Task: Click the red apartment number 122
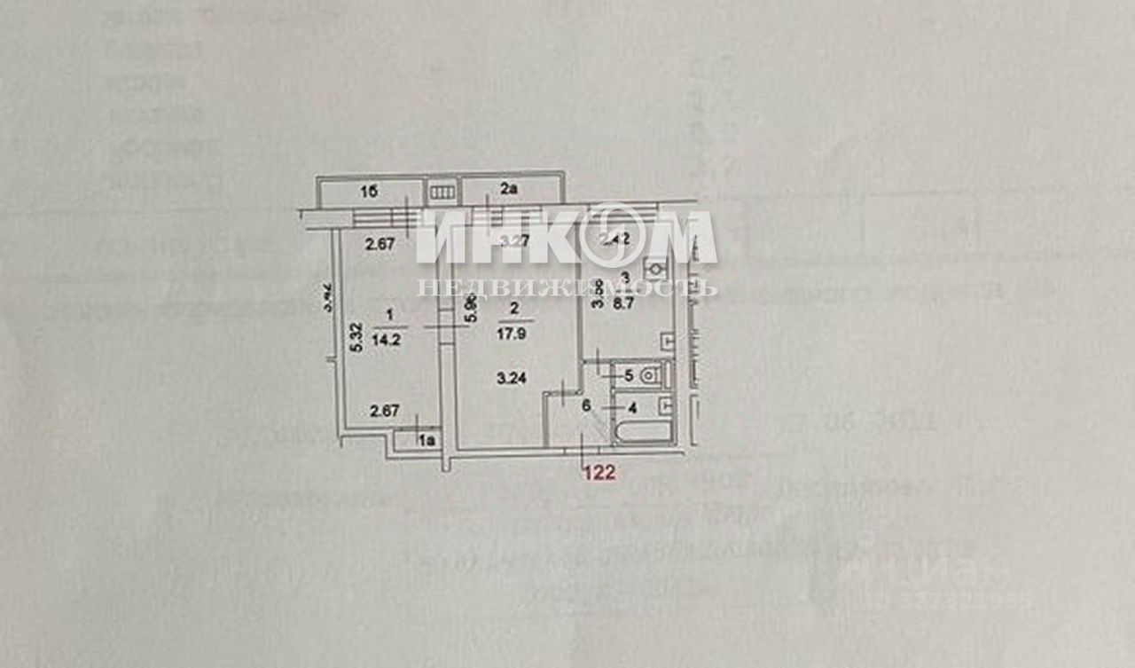tap(599, 473)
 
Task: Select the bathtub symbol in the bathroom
tap(641, 433)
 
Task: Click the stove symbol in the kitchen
tap(655, 265)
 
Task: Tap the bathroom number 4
tap(631, 409)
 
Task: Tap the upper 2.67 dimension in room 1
tap(385, 244)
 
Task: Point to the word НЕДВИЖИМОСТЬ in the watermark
tap(567, 288)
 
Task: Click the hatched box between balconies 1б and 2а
tap(442, 192)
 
